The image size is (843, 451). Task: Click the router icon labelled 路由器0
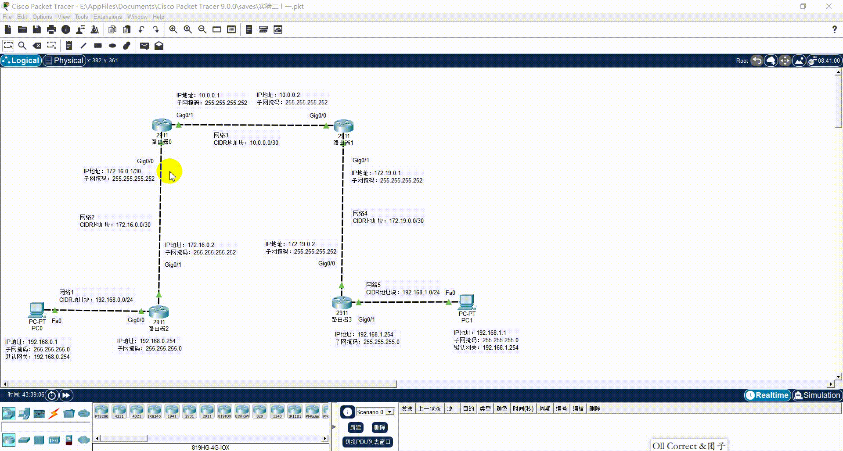(x=162, y=125)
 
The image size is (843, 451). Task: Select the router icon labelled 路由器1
(x=343, y=126)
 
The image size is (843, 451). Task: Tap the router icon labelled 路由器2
(x=159, y=312)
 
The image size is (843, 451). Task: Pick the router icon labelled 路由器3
(x=342, y=303)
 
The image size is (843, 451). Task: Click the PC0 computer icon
(x=37, y=310)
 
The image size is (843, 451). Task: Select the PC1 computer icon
(x=467, y=302)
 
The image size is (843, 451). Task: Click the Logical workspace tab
(x=21, y=61)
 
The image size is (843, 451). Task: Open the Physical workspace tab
(x=64, y=61)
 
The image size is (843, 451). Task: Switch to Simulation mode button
(x=817, y=395)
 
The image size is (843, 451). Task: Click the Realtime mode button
(x=767, y=395)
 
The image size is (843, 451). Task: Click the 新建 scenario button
(x=356, y=427)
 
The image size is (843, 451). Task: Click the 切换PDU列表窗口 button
(x=367, y=442)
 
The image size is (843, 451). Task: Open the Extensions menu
(x=108, y=17)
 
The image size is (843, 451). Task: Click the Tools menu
(x=81, y=17)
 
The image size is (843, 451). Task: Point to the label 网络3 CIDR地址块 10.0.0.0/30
(x=246, y=139)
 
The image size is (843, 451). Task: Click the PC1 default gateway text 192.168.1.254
(x=500, y=347)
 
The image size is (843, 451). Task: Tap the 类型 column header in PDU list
(x=485, y=408)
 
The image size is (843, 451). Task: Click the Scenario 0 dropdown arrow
(x=390, y=412)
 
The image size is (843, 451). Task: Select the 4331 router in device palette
(x=119, y=412)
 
